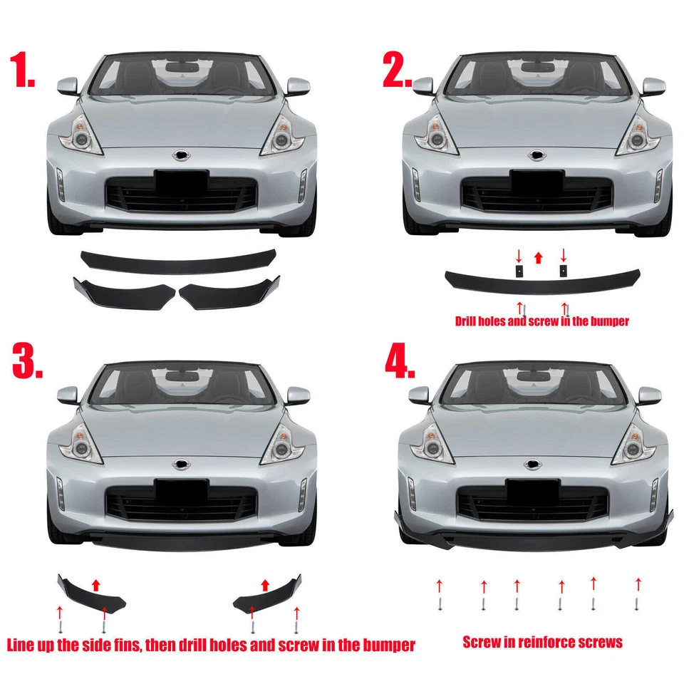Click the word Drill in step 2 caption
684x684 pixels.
(x=469, y=321)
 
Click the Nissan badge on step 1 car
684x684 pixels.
(x=181, y=155)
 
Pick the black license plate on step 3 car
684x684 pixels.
(x=182, y=489)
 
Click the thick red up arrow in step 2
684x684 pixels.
(x=539, y=256)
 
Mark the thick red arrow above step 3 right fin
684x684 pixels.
(x=266, y=586)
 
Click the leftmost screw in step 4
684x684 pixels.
(x=440, y=604)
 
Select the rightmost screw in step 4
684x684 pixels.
(x=636, y=604)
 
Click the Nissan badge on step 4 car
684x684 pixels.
(x=533, y=465)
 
